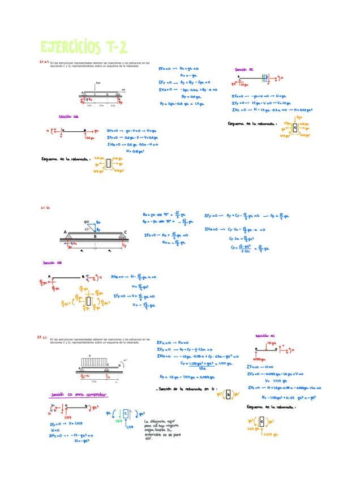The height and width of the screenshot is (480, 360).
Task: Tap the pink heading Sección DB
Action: point(68,117)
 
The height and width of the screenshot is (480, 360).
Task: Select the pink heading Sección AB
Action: point(52,263)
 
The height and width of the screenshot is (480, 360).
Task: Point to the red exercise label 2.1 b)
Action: point(45,208)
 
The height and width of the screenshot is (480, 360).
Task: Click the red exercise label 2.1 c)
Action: point(42,337)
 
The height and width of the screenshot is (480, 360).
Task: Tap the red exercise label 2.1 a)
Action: point(43,62)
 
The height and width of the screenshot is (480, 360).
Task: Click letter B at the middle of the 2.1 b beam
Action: point(95,237)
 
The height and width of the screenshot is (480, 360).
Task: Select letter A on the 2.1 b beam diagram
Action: point(65,233)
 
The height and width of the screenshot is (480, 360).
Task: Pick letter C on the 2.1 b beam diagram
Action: point(125,233)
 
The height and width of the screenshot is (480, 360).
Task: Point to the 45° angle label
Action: point(86,230)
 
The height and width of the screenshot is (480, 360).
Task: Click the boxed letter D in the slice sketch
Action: point(228,395)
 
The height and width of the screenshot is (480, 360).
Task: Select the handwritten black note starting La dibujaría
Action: point(165,430)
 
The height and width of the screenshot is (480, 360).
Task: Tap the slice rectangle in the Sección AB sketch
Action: point(88,301)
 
